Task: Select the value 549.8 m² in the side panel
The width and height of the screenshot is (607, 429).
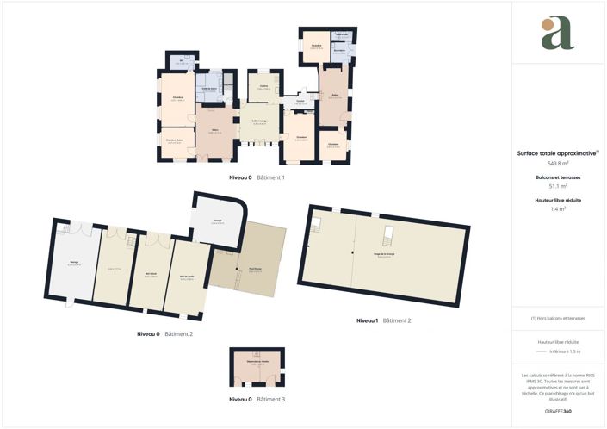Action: [x=557, y=162]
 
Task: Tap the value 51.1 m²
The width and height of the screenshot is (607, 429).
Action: [x=557, y=185]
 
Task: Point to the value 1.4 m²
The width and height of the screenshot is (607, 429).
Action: [x=557, y=208]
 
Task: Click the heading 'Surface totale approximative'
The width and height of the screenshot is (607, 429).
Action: [x=557, y=152]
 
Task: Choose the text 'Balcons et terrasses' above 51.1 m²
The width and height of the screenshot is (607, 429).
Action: [x=557, y=177]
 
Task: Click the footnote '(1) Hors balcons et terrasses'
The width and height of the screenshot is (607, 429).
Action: [x=557, y=318]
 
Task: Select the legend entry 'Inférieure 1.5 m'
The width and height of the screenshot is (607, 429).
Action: [x=564, y=351]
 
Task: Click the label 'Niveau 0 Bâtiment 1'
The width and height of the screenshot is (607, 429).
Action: [x=256, y=177]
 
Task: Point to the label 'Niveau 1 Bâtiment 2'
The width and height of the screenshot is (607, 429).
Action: [x=383, y=320]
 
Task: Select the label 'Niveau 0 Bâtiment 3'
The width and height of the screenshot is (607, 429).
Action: [x=257, y=400]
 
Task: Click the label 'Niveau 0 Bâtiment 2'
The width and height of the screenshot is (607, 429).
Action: [x=164, y=333]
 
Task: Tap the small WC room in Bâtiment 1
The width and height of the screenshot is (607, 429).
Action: [x=183, y=62]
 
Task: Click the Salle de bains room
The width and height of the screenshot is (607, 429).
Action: [x=209, y=90]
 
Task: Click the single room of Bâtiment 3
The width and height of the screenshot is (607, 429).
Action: [x=257, y=366]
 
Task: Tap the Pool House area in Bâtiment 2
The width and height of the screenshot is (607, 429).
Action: [x=256, y=269]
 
